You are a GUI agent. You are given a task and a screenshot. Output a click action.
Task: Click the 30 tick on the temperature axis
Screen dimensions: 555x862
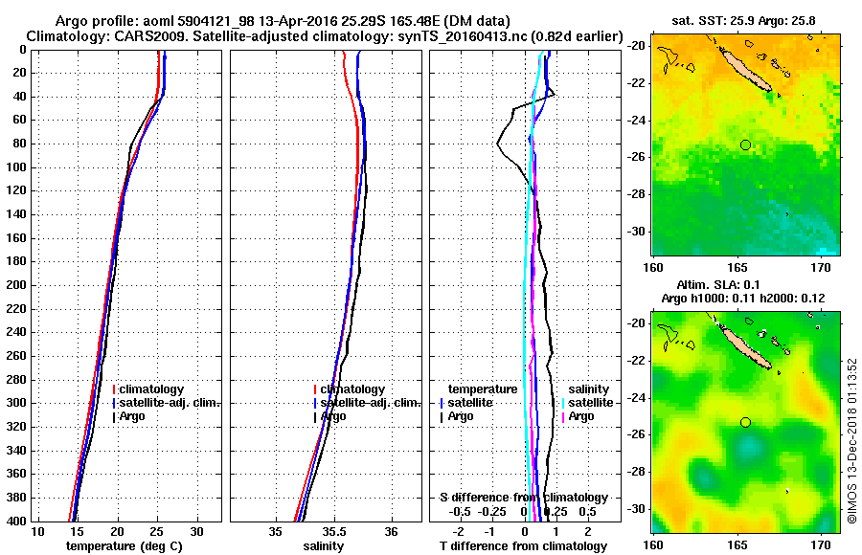(x=196, y=531)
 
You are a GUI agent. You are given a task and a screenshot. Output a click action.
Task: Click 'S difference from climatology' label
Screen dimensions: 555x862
(x=523, y=498)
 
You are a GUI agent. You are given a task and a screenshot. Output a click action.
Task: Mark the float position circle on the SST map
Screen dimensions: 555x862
(x=745, y=144)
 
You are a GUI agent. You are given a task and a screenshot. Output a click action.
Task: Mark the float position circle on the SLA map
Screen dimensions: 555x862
(x=745, y=422)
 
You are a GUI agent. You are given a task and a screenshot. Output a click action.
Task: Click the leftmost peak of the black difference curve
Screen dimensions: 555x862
(x=497, y=144)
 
